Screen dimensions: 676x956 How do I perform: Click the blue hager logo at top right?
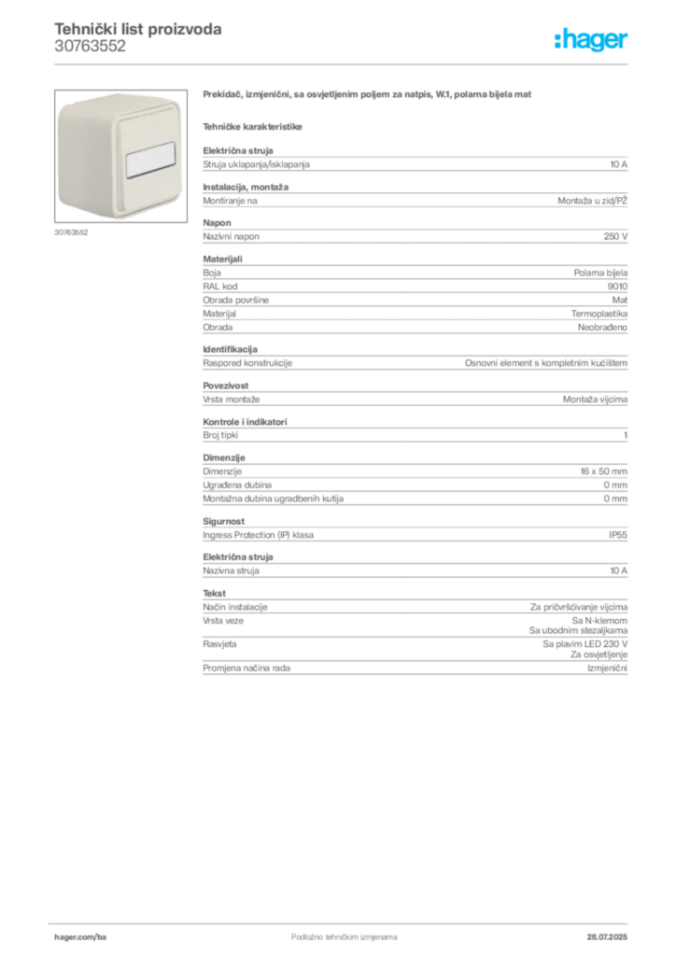tap(592, 41)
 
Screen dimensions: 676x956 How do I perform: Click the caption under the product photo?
tap(69, 232)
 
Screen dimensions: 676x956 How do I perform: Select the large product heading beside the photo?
tap(369, 96)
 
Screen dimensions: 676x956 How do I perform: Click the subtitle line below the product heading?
tap(254, 125)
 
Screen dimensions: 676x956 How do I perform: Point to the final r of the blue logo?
tap(626, 42)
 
